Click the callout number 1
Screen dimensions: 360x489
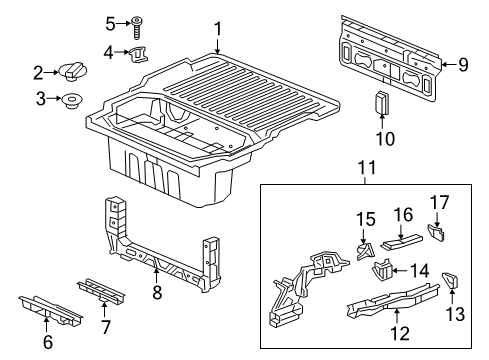click(x=218, y=30)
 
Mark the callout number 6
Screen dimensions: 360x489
click(x=47, y=343)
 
